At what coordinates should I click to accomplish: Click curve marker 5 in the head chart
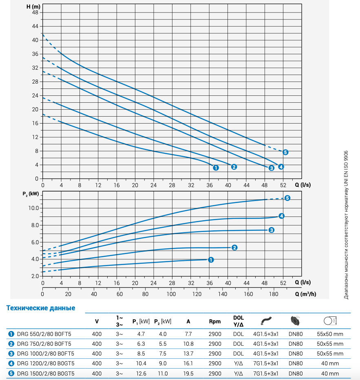pos(285,152)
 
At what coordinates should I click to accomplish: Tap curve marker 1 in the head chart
pos(216,168)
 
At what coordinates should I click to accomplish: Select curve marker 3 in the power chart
pos(272,230)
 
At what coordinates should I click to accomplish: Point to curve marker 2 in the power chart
pos(234,247)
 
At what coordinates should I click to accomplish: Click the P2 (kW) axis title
pos(31,194)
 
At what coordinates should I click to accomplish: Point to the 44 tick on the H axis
pos(35,26)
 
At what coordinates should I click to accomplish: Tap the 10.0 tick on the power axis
pos(33,208)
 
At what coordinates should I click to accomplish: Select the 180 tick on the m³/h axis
pos(273,294)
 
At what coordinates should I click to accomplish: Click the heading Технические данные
pos(41,308)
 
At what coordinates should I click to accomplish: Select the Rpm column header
pos(215,321)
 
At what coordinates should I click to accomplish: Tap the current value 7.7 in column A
pos(189,334)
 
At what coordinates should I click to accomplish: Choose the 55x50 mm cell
pos(330,334)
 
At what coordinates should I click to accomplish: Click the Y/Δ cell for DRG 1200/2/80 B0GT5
pos(239,364)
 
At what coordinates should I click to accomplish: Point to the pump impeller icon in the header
pos(295,320)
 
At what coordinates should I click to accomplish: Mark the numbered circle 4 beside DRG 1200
pos(11,364)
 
